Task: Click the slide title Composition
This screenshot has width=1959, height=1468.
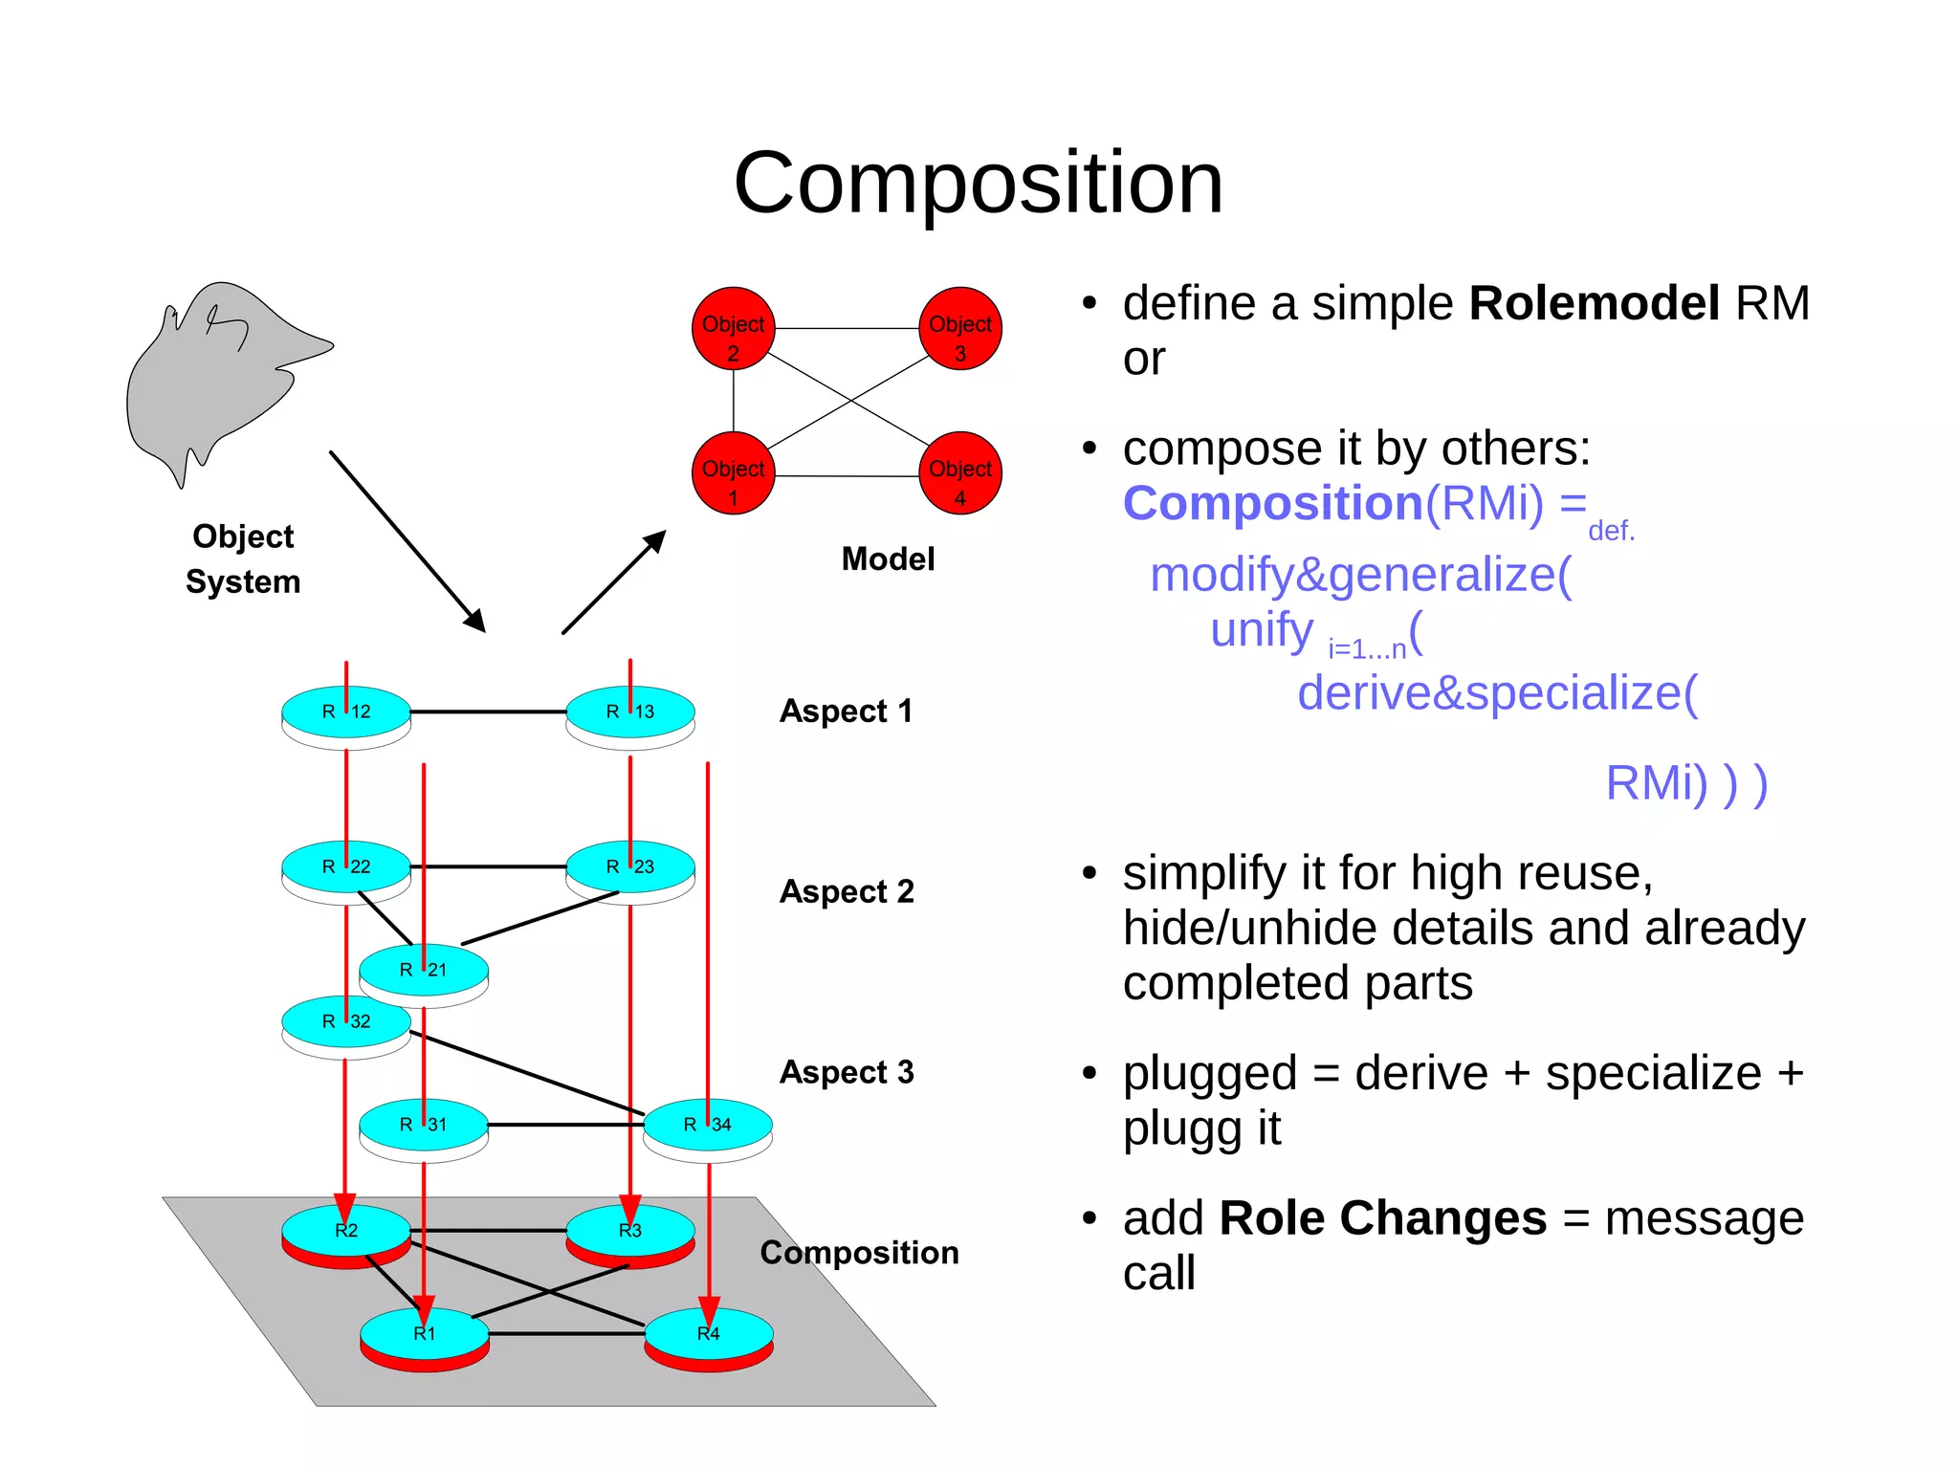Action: coord(978,183)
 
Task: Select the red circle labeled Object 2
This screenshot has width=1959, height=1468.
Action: coord(733,328)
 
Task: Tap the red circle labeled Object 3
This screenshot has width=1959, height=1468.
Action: coord(959,328)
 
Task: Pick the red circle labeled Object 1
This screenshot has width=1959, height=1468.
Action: coord(733,472)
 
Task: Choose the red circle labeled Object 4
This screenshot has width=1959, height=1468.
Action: coord(959,472)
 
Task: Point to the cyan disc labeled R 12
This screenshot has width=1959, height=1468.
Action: coord(346,712)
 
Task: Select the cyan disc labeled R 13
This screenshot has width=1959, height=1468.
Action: coord(630,712)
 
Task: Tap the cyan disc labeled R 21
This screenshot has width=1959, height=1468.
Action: coord(424,970)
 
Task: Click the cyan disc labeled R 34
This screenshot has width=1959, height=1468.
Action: coord(708,1125)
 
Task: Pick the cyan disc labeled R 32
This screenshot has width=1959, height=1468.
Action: coord(346,1021)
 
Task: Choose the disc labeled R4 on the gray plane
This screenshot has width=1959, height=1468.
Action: coord(709,1334)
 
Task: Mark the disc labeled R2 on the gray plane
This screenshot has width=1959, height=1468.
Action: coord(346,1231)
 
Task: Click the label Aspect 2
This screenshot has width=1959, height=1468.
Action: coord(847,891)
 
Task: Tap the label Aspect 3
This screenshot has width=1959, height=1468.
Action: coord(847,1072)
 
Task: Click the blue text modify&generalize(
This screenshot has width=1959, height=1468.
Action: coord(1360,575)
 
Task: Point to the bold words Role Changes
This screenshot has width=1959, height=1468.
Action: coord(1382,1218)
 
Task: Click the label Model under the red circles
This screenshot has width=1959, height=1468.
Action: coord(888,559)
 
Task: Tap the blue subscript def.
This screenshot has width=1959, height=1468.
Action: coord(1611,531)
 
